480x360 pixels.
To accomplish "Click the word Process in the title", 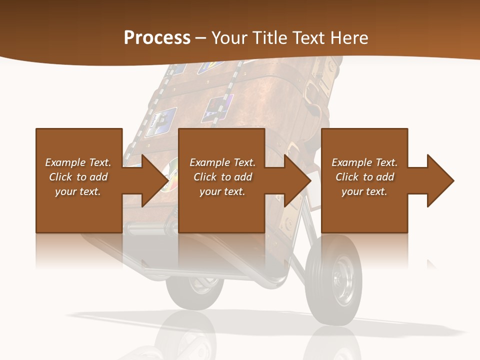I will click(157, 38).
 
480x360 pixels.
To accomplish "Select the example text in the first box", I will click(78, 177).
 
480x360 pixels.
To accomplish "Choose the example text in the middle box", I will click(222, 177).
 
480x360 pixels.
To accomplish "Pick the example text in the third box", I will click(364, 177).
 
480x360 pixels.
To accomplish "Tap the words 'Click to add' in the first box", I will click(78, 177).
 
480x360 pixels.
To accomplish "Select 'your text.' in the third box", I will click(364, 191).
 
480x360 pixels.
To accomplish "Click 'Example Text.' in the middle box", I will click(222, 162).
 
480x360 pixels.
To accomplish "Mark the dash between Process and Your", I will click(201, 38).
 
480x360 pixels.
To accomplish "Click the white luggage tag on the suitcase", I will click(313, 179).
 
